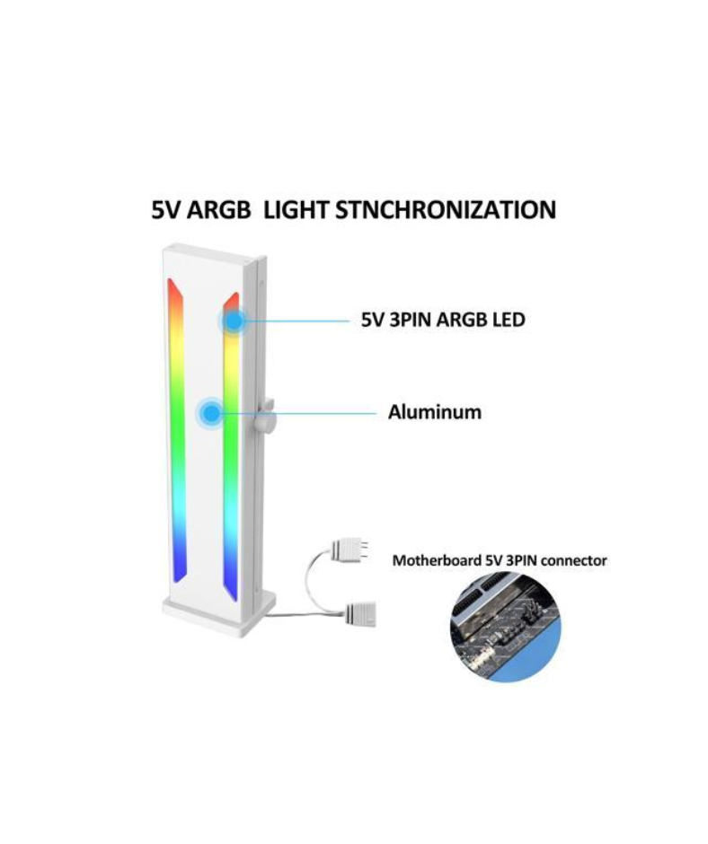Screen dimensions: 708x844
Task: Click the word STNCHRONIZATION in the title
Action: coord(446,210)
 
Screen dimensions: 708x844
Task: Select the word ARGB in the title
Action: coord(218,210)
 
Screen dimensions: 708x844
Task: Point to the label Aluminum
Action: coord(435,412)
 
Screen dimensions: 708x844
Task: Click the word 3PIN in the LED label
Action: coord(410,321)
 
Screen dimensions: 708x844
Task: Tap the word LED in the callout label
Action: coord(509,321)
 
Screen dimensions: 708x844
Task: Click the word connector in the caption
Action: coord(574,561)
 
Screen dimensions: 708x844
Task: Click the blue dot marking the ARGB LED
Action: coord(234,321)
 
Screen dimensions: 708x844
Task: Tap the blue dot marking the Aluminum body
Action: coord(212,413)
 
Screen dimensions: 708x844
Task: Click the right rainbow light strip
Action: coord(231,447)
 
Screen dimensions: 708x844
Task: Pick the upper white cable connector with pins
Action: coord(350,549)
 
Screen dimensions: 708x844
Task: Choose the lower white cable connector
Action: coord(360,614)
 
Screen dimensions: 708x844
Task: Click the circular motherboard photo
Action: coord(506,628)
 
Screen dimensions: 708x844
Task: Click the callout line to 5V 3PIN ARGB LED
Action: coord(297,321)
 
